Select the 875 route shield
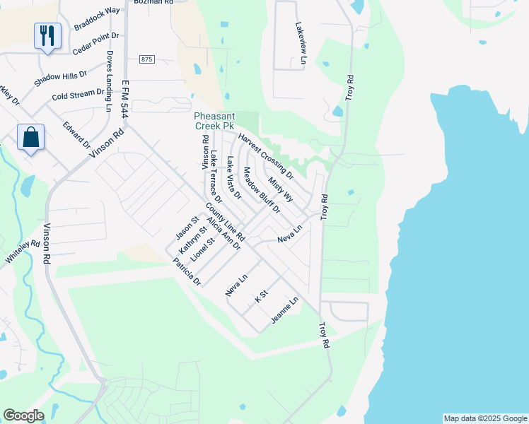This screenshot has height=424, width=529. (146, 59)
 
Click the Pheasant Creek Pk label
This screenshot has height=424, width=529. (214, 121)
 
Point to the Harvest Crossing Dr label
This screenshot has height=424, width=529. (265, 155)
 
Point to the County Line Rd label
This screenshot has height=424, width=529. (225, 221)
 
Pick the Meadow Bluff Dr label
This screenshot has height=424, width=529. (262, 191)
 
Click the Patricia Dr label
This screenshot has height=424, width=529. (187, 272)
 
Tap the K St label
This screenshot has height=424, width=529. (262, 295)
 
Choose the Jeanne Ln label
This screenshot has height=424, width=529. (285, 311)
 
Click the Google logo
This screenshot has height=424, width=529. (23, 416)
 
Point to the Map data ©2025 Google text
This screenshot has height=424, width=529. (485, 418)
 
